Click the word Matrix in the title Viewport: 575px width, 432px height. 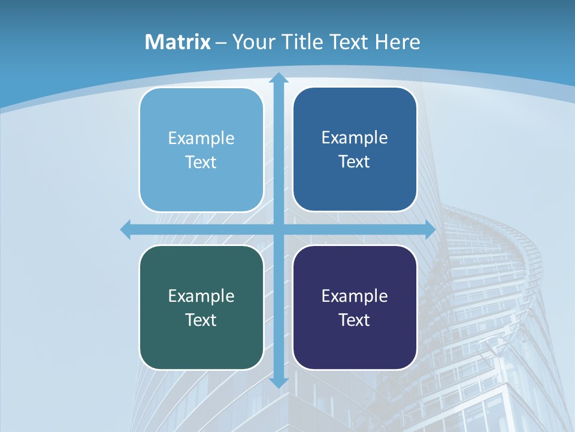pyautogui.click(x=178, y=42)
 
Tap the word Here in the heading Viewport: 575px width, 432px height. pyautogui.click(x=398, y=42)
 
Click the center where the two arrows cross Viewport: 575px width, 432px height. pyautogui.click(x=278, y=229)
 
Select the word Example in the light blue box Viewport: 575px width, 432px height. pyautogui.click(x=201, y=139)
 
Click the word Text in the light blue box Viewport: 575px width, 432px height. pyautogui.click(x=201, y=163)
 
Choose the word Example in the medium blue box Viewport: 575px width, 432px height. pyautogui.click(x=355, y=138)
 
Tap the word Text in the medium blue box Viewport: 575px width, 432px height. pyautogui.click(x=355, y=162)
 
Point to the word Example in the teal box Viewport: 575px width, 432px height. pyautogui.click(x=201, y=296)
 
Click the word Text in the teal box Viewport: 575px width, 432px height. pyautogui.click(x=201, y=320)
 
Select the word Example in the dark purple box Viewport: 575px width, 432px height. pyautogui.click(x=355, y=296)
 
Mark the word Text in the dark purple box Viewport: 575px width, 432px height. pyautogui.click(x=355, y=320)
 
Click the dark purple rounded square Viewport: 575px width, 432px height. pyautogui.click(x=355, y=348)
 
